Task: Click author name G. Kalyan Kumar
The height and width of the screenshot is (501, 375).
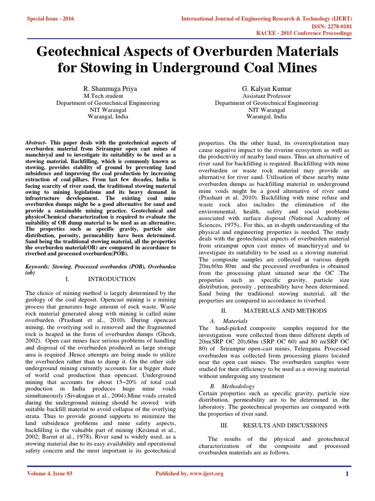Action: (x=267, y=89)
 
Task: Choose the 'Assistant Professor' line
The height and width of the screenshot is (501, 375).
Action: (x=267, y=96)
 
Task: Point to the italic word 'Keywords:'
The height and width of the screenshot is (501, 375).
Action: (x=38, y=267)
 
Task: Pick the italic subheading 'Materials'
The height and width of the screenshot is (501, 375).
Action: (x=235, y=321)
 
